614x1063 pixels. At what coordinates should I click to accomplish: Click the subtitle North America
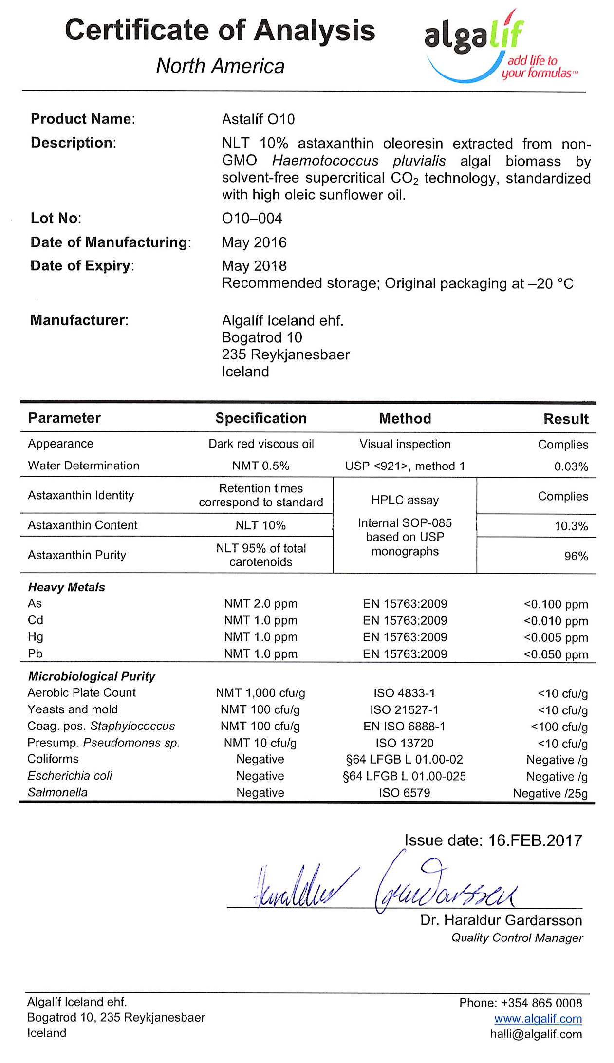pos(220,66)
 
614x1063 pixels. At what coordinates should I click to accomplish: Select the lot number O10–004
pos(252,218)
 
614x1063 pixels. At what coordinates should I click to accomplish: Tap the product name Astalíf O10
pos(258,119)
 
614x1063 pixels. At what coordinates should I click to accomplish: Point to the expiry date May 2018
pos(254,266)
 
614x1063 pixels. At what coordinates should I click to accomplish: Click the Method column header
pos(405,419)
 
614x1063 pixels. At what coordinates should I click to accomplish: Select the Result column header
pos(566,419)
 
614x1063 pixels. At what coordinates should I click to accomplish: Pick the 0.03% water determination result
pos(571,467)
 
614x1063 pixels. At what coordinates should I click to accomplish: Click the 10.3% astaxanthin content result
pos(571,526)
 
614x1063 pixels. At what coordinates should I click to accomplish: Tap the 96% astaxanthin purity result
pos(576,557)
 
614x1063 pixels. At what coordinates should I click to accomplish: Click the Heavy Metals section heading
pos(67,587)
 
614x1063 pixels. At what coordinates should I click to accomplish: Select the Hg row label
pos(36,637)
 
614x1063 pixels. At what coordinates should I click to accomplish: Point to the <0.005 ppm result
pos(556,638)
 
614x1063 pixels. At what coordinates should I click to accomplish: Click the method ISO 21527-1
pos(404,710)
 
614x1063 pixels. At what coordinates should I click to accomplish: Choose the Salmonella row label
pos(57,792)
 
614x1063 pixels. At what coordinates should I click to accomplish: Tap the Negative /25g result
pos(550,794)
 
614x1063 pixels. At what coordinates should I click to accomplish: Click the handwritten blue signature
pos(385,887)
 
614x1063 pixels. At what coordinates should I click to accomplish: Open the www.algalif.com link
pos(538,1019)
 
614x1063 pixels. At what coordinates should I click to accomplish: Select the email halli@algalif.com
pos(536,1034)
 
